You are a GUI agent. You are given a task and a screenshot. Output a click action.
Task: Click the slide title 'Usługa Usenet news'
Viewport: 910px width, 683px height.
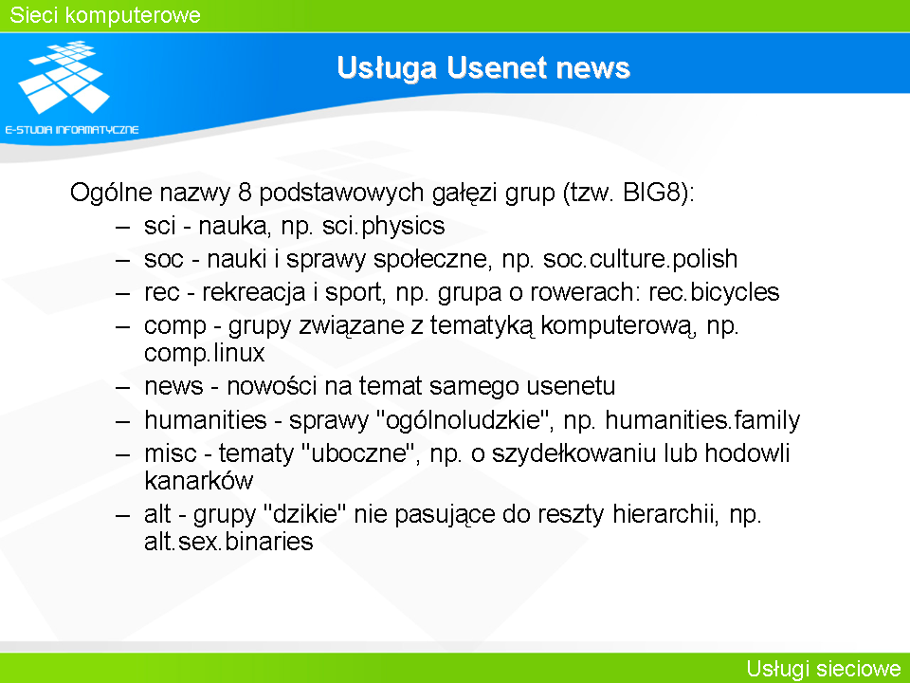(x=482, y=68)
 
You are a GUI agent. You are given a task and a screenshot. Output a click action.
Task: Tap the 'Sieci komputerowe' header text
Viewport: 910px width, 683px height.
(x=105, y=15)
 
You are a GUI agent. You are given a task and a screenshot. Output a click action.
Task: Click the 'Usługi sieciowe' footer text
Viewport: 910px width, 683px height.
(x=824, y=669)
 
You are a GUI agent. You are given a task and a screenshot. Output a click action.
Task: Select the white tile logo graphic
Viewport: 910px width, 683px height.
(x=64, y=77)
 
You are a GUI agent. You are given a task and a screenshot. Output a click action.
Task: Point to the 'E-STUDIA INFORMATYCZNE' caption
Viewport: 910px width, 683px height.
(x=72, y=130)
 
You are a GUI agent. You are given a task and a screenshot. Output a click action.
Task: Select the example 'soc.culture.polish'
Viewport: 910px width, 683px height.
(x=640, y=259)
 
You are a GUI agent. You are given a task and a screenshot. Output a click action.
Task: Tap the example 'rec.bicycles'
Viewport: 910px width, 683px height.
(x=714, y=292)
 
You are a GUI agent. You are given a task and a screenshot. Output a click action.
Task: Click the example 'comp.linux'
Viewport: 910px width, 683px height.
(x=205, y=353)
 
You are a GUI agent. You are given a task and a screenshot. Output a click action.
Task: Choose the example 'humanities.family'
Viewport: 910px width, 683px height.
(x=702, y=420)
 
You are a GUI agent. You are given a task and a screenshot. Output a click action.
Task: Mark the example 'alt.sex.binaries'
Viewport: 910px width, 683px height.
(x=228, y=542)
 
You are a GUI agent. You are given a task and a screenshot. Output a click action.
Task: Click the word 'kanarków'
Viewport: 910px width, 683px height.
(x=198, y=481)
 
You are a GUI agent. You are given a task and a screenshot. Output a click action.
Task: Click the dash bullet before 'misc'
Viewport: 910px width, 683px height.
(x=122, y=453)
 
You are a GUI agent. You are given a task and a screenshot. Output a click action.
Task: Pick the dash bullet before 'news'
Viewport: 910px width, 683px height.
(x=122, y=386)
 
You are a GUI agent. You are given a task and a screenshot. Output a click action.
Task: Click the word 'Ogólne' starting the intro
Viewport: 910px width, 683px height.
(x=111, y=193)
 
